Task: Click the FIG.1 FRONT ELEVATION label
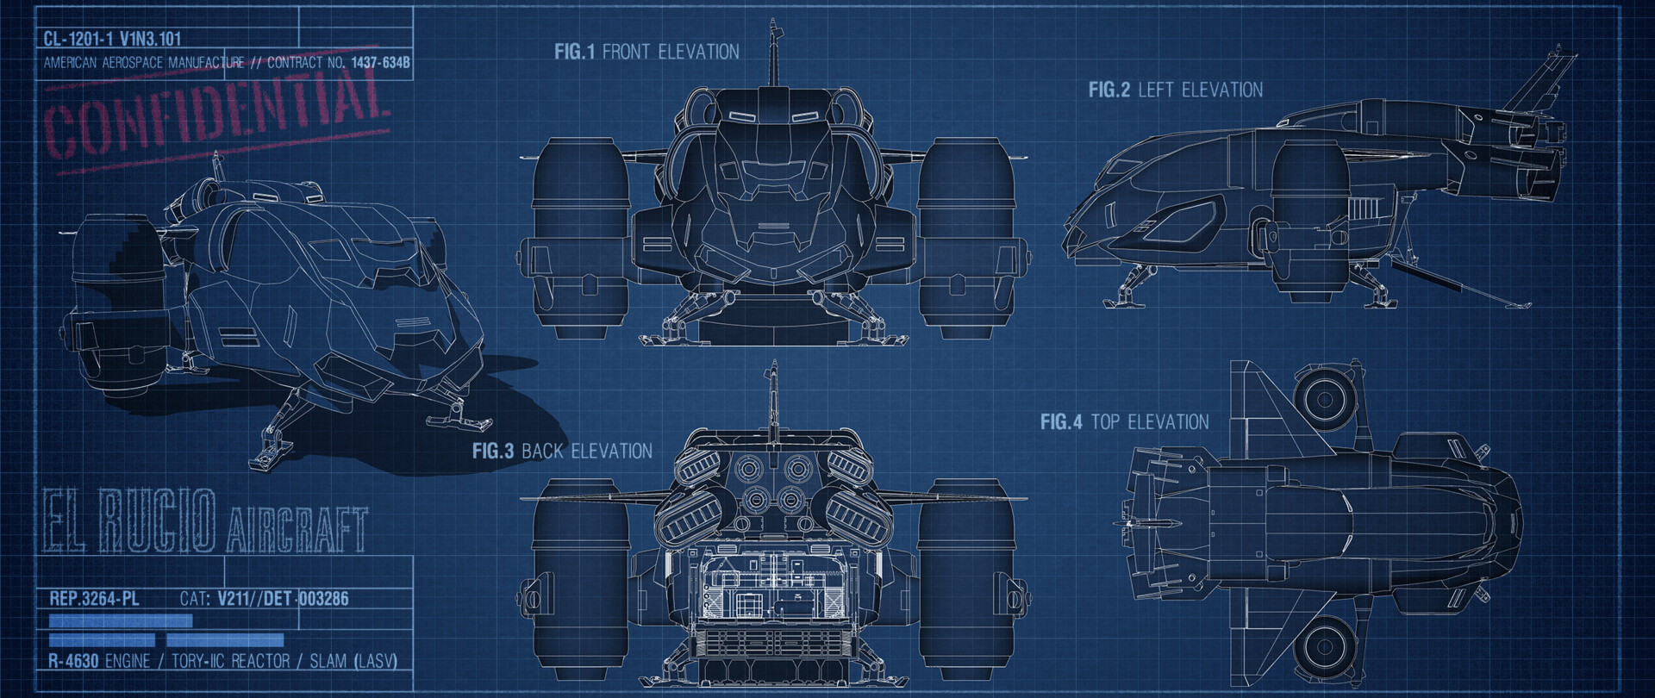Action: (646, 52)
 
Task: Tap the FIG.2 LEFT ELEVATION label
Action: (1175, 90)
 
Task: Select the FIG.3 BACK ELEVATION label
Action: (562, 451)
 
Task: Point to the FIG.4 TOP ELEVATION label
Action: (1124, 422)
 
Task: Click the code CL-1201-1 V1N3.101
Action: (112, 39)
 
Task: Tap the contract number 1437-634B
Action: (380, 63)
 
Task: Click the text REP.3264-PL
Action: (94, 598)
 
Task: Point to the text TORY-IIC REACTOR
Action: (230, 661)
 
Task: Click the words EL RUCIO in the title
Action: (129, 520)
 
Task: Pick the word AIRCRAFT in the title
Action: (297, 529)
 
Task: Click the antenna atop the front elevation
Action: (773, 52)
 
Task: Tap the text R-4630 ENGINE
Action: (98, 661)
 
